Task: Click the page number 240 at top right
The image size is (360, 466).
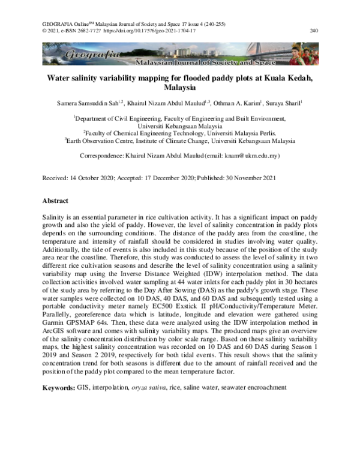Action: [313, 29]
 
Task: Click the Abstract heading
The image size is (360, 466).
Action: [55, 201]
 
